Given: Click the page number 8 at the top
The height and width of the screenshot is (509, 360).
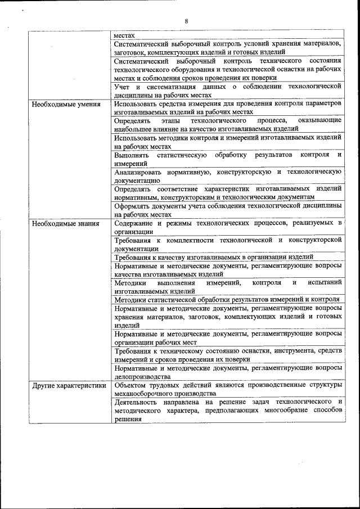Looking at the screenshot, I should click(x=186, y=21).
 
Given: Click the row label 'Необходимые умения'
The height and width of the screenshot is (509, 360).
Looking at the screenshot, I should click(x=66, y=104).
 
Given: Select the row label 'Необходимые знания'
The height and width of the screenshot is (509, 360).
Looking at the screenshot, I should click(x=65, y=223).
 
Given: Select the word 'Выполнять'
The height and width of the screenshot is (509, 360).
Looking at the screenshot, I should click(x=132, y=155).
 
